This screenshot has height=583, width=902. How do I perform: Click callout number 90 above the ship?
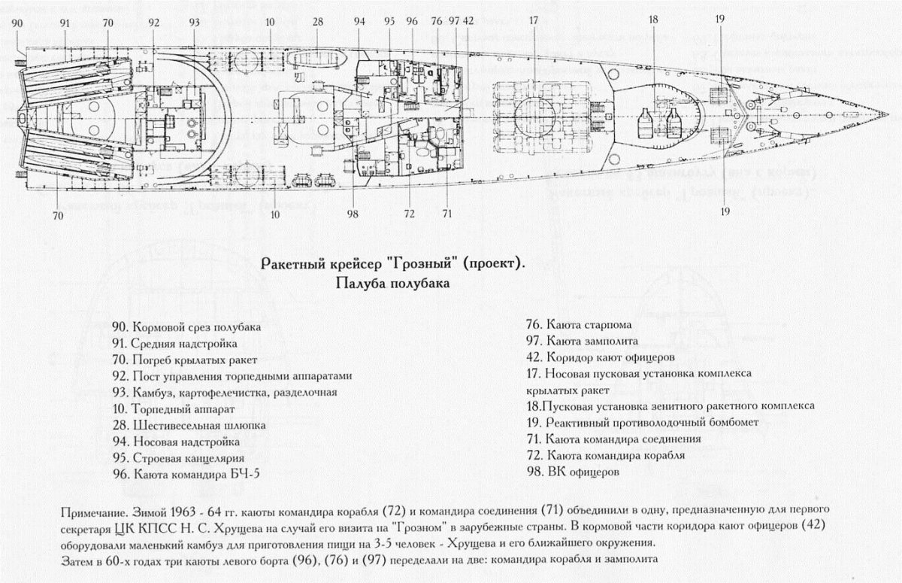tap(17, 23)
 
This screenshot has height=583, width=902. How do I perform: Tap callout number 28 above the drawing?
tap(318, 22)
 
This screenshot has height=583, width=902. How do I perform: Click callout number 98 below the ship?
tap(353, 214)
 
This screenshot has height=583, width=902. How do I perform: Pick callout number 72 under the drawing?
tap(409, 214)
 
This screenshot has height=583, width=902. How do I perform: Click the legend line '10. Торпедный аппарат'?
tap(172, 410)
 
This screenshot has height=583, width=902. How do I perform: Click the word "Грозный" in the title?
tap(427, 265)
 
